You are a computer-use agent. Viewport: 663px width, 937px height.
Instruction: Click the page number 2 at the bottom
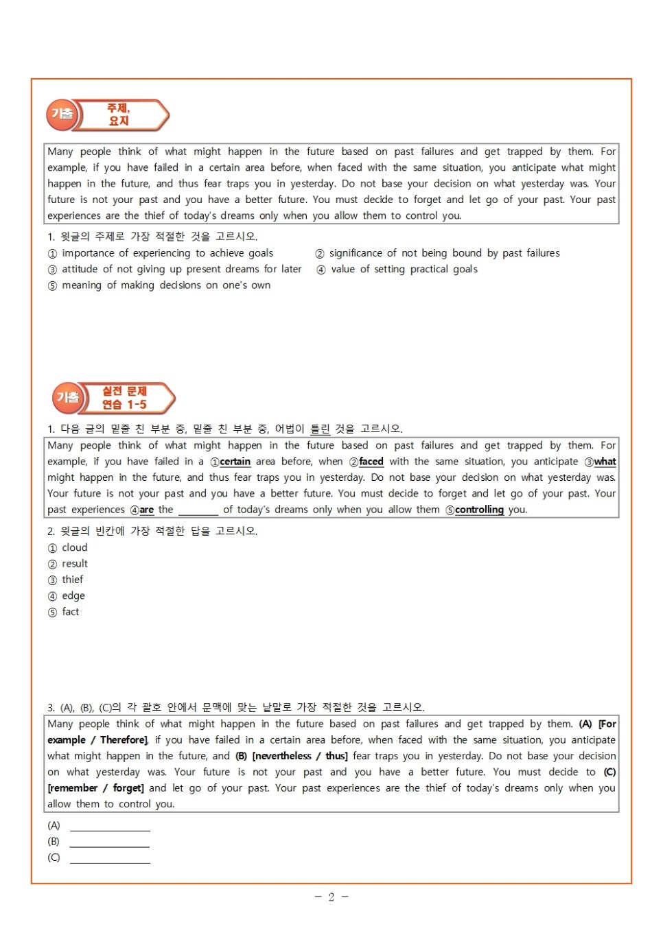point(331,897)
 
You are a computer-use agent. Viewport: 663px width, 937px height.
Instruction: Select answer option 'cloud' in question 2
point(74,547)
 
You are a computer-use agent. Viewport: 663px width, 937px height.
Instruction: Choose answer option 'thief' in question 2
point(72,580)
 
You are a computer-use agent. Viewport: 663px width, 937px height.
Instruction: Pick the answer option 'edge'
point(73,595)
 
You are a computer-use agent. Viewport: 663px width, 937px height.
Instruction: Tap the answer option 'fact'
point(70,612)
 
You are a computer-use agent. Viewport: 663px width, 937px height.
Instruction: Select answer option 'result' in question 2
point(74,564)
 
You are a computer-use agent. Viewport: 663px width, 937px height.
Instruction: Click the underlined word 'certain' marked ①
point(235,462)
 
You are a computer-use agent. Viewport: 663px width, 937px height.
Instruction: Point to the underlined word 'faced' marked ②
point(371,462)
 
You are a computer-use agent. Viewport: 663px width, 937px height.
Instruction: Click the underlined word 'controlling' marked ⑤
point(479,510)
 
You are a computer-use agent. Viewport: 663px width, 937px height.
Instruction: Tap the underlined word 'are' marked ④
point(146,510)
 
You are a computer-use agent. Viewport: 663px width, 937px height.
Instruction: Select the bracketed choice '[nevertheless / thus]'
point(300,756)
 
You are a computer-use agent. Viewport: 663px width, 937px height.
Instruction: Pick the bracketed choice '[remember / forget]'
point(95,788)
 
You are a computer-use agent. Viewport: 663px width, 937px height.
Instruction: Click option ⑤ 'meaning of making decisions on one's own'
point(165,285)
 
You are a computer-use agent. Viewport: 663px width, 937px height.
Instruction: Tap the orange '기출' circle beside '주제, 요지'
point(62,115)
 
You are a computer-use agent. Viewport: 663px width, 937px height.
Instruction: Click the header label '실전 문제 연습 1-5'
point(124,398)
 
